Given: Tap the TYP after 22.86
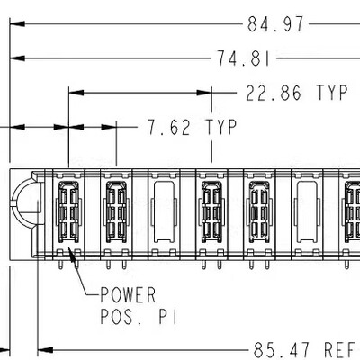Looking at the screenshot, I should pyautogui.click(x=332, y=93).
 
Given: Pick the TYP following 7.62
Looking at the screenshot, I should pyautogui.click(x=220, y=128).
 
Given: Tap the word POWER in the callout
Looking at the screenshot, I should pyautogui.click(x=127, y=294).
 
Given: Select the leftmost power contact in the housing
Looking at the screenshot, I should pyautogui.click(x=69, y=211).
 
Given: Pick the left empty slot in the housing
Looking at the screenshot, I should pyautogui.click(x=164, y=211).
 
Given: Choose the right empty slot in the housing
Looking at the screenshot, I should pyautogui.click(x=305, y=211).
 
